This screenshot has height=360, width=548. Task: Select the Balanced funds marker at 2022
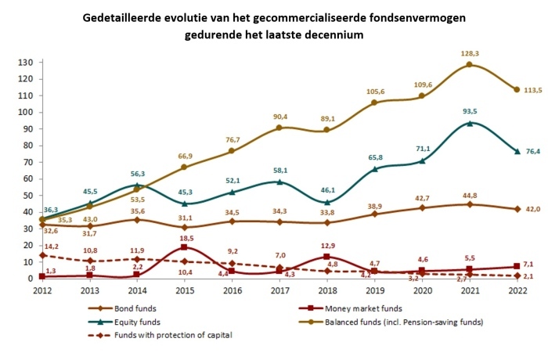[x=517, y=89]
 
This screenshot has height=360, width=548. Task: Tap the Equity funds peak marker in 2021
[x=469, y=123]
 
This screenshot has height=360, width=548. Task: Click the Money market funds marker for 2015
[x=183, y=247]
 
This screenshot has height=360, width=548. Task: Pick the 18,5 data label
[x=186, y=237]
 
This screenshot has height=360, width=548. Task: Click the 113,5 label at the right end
[x=532, y=89]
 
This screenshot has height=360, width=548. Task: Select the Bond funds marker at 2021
[x=469, y=203]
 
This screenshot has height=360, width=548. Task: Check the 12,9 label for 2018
[x=331, y=247]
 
